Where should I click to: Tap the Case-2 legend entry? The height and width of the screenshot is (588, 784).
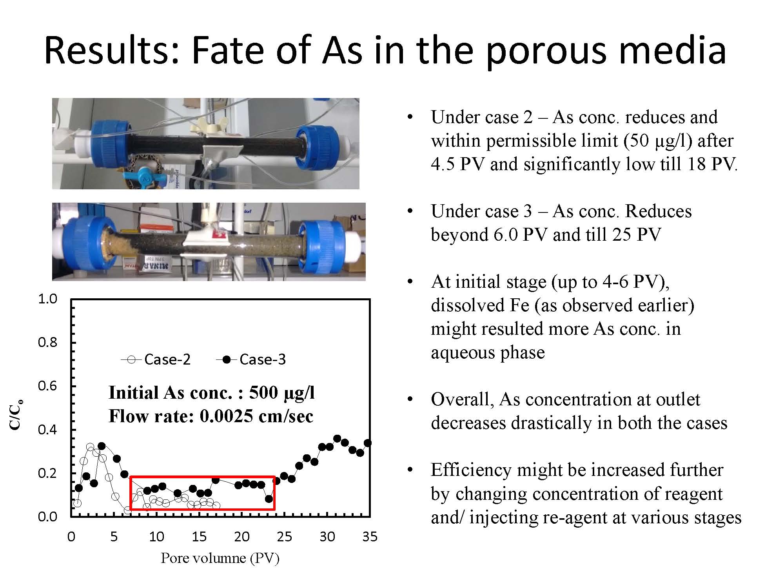click(156, 359)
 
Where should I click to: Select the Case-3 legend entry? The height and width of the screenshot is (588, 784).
click(251, 359)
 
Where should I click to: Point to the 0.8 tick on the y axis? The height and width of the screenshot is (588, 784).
click(47, 343)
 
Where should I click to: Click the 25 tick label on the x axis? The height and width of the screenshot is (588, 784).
click(285, 537)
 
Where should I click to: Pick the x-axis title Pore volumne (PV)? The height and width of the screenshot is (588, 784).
click(220, 558)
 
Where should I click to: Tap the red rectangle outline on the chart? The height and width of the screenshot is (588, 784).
click(202, 477)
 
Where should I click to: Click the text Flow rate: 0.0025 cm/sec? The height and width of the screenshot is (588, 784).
click(211, 416)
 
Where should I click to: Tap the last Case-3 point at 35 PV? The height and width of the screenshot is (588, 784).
click(368, 443)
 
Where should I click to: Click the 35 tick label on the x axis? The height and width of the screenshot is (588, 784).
click(370, 537)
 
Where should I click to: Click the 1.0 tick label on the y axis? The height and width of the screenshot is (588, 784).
click(47, 299)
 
